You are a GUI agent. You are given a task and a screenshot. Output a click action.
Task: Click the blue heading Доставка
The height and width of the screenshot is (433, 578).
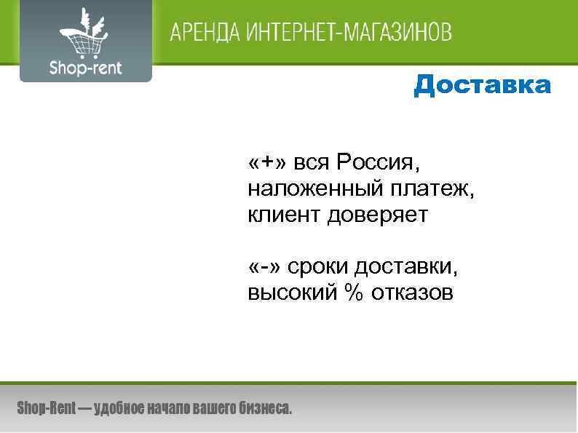click(x=482, y=86)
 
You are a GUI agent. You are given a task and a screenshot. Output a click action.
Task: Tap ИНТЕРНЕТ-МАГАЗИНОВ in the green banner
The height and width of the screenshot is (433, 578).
click(x=349, y=33)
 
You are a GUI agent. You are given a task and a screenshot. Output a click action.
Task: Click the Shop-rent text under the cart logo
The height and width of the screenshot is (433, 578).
click(x=85, y=68)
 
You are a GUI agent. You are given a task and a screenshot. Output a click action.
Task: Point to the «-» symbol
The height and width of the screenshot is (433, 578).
click(x=264, y=268)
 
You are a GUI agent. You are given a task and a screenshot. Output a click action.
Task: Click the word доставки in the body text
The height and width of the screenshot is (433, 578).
click(x=407, y=268)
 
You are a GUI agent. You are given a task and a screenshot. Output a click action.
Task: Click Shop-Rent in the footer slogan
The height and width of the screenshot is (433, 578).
click(x=47, y=409)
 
